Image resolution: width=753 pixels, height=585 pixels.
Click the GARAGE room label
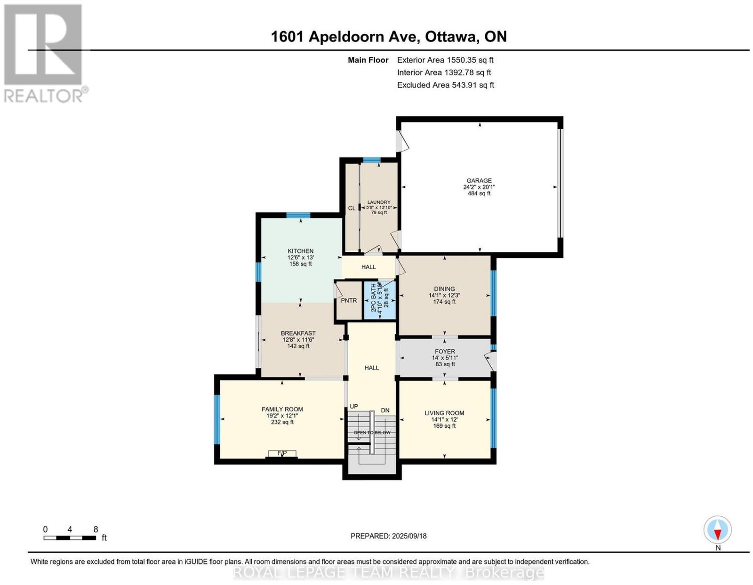pos(479,180)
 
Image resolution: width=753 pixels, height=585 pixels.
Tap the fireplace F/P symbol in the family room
pos(282,453)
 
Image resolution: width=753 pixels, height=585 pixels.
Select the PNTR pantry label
pos(349,300)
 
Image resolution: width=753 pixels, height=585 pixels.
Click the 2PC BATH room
pos(379,300)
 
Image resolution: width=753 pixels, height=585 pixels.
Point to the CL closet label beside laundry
pos(352,208)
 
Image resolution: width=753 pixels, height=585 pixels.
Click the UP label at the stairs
pos(354,406)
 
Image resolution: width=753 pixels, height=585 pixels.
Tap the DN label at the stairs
pos(385,410)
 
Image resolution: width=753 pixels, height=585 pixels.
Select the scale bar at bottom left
pos(70,538)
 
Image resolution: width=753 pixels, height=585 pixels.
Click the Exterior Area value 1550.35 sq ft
pos(470,60)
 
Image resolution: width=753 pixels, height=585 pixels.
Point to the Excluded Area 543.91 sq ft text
pos(446,85)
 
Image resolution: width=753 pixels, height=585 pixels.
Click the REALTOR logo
pos(45,54)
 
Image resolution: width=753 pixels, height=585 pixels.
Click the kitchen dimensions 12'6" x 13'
pos(300,257)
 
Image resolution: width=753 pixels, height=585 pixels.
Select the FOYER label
pos(445,351)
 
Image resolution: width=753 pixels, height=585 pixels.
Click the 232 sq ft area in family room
pos(282,422)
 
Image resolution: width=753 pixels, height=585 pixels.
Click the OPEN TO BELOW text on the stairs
pos(372,433)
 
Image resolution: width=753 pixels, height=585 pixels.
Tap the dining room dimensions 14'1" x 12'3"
pos(445,295)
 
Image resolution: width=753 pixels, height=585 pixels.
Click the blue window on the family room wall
pos(217,419)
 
